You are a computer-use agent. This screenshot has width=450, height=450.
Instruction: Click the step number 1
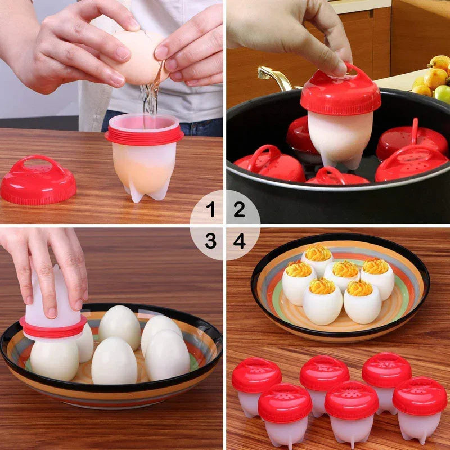point(210,210)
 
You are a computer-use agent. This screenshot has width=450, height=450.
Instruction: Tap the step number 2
point(240,210)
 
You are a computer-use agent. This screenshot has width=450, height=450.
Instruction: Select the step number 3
point(210,241)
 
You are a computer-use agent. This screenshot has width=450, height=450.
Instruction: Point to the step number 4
point(240,241)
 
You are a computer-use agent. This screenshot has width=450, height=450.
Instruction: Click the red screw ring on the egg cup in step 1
point(144,136)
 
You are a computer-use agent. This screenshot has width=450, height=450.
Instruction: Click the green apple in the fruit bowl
point(443,93)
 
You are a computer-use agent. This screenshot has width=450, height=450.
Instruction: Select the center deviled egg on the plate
point(341,275)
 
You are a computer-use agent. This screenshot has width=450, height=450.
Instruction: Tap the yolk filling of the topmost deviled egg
point(318,253)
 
